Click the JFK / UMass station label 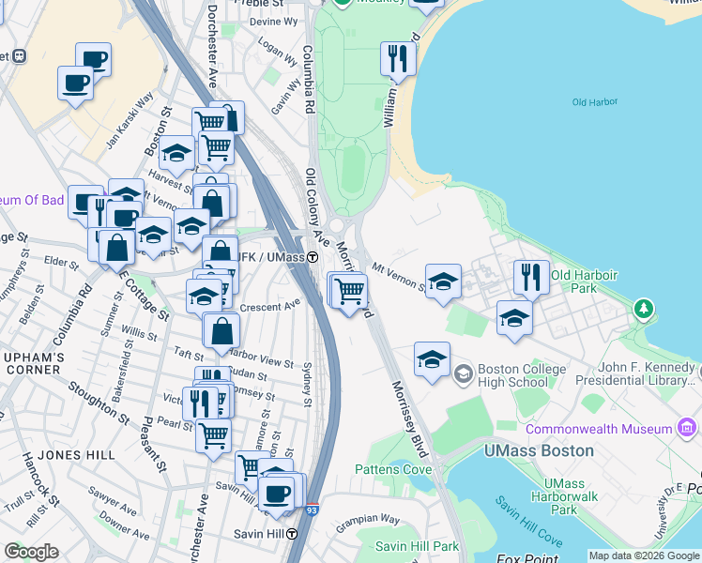271,256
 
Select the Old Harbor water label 592,102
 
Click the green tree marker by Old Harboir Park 643,308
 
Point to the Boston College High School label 522,375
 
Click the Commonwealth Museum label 599,429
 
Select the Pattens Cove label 392,469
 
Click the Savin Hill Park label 417,546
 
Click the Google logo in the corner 31,552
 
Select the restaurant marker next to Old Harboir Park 531,278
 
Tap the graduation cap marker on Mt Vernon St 443,281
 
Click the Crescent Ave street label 269,305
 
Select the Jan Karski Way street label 130,117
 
